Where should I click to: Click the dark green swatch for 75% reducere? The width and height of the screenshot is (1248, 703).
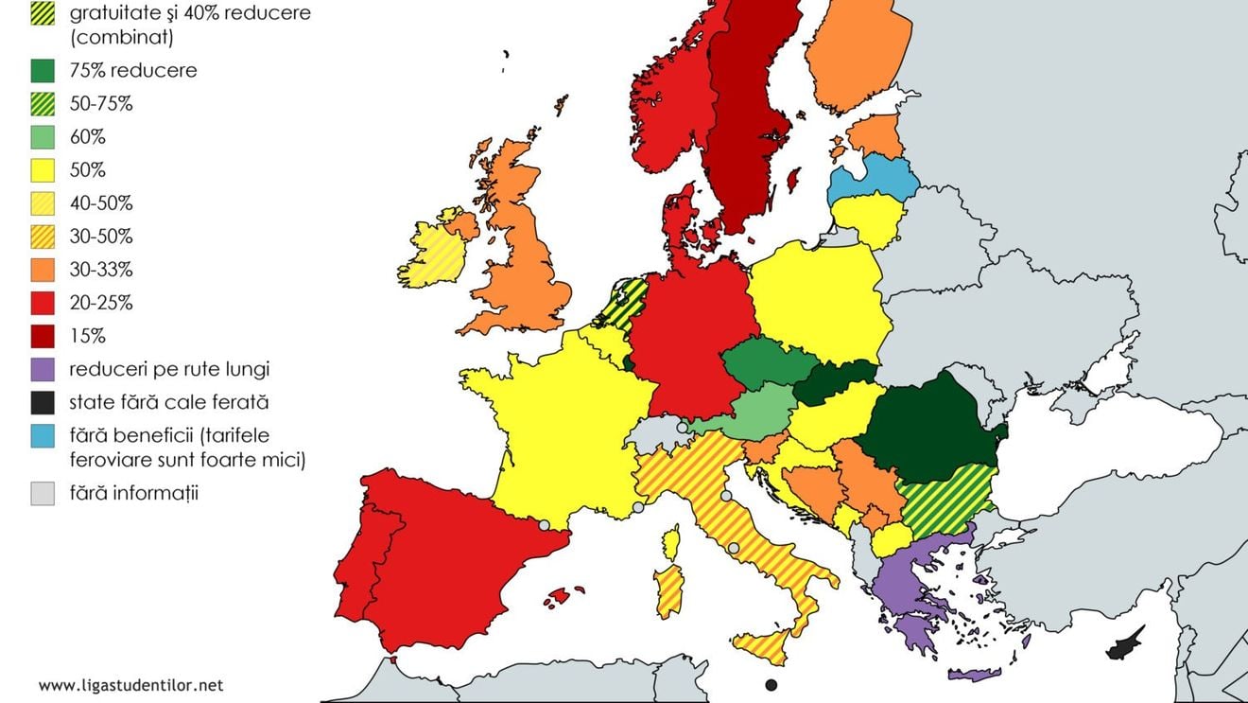tap(43, 71)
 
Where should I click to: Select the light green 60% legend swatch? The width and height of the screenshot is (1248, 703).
tap(43, 137)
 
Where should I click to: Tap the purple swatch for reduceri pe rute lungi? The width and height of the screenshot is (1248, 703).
tap(43, 369)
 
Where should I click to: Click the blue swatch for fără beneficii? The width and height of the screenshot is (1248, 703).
tap(43, 435)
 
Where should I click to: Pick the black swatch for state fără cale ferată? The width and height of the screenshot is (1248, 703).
tap(43, 402)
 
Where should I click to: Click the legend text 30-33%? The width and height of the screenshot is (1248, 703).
tap(101, 270)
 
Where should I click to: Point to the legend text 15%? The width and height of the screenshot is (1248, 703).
tap(87, 336)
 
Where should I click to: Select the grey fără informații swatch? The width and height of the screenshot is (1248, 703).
tap(43, 493)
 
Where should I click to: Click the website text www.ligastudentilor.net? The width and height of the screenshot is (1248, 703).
tap(131, 684)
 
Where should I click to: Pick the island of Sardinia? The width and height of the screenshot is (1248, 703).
tap(668, 590)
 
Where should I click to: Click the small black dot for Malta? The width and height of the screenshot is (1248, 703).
tap(771, 685)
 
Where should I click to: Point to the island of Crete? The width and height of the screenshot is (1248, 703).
tap(974, 675)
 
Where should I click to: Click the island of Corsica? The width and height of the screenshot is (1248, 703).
tap(672, 543)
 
